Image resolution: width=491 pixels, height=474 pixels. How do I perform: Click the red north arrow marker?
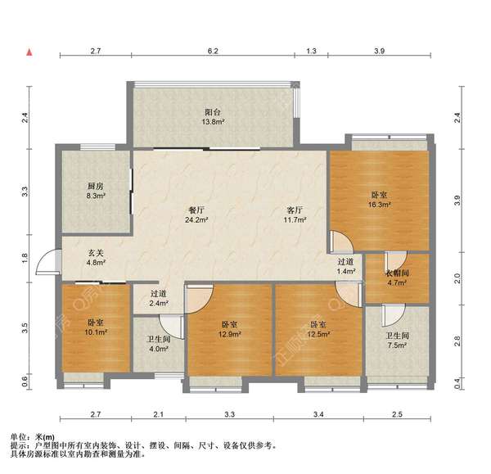29,53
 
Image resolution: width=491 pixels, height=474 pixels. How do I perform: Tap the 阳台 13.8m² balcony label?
213,117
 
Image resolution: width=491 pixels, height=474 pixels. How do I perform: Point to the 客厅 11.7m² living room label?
295,214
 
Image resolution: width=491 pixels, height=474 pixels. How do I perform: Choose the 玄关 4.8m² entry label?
97,258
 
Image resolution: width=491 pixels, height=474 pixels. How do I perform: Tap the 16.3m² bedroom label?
379,200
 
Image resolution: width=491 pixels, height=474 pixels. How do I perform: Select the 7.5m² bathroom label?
397,341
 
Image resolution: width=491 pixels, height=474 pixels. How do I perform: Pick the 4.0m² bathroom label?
158,344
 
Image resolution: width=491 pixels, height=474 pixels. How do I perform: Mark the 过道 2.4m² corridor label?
159,299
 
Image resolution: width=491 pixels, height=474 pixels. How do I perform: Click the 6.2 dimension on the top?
213,52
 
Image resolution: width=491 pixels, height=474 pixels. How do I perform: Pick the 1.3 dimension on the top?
312,52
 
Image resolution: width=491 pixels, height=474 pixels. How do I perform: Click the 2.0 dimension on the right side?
457,278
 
